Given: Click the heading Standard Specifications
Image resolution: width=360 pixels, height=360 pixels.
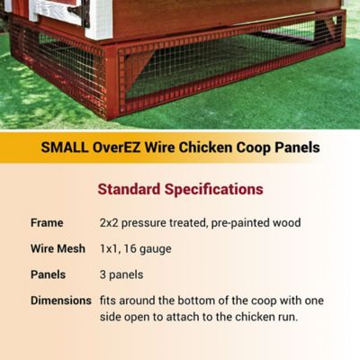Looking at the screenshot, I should [180, 190].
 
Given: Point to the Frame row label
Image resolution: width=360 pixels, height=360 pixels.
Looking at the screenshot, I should [47, 221].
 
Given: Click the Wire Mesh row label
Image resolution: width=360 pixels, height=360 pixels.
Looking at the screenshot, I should [58, 247].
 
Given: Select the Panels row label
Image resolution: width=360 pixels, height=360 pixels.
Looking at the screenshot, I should [49, 274].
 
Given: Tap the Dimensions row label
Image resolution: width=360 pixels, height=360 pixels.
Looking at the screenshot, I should [61, 300].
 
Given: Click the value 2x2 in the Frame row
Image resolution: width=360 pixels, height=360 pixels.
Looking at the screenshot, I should [111, 221].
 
